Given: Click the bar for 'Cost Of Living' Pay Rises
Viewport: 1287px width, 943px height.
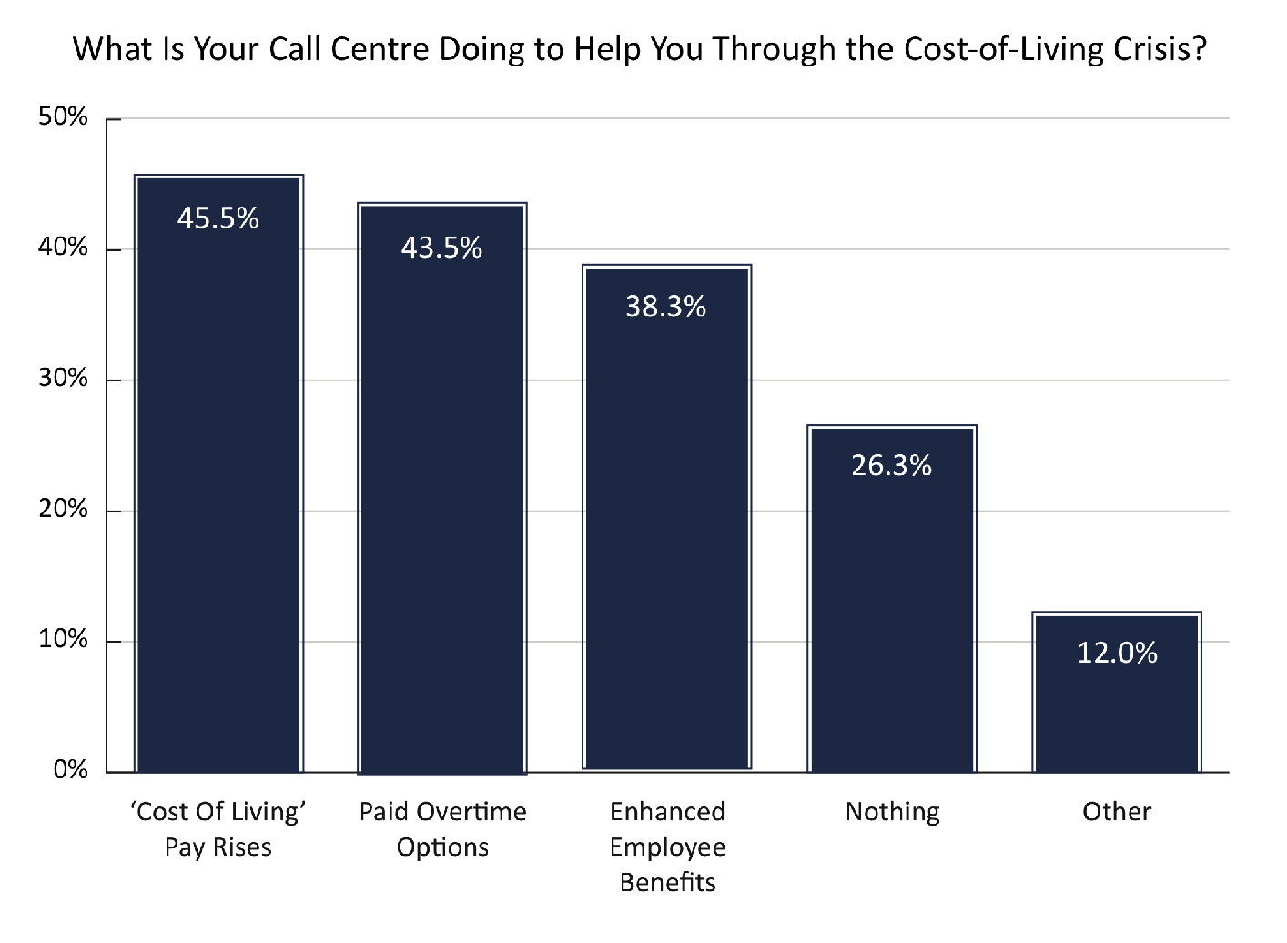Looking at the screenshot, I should [x=218, y=492].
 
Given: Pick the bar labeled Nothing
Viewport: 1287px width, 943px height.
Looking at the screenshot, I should [x=892, y=610].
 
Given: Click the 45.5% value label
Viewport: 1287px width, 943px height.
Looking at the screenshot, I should [x=218, y=218].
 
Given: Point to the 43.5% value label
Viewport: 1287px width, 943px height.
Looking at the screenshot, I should [x=442, y=248].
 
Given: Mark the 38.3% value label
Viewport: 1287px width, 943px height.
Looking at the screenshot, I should [x=666, y=307].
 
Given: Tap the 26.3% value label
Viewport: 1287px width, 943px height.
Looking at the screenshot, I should [x=892, y=466].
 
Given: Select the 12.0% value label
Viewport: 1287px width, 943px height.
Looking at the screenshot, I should [x=1117, y=653].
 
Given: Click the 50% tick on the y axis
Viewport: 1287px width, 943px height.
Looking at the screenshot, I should [x=64, y=117].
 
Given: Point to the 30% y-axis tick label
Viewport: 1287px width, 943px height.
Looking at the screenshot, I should [x=64, y=379].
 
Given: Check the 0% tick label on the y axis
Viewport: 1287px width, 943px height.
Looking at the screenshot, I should [x=70, y=770].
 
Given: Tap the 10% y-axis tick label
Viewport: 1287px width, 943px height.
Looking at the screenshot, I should [x=64, y=640].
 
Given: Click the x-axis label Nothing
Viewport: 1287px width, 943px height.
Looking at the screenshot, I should [x=892, y=811].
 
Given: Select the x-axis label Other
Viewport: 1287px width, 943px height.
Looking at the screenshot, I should [x=1117, y=811].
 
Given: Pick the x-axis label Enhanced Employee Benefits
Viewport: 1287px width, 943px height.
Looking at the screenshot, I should [x=667, y=847].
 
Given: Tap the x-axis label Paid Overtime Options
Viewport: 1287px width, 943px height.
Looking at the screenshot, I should [x=442, y=829].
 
